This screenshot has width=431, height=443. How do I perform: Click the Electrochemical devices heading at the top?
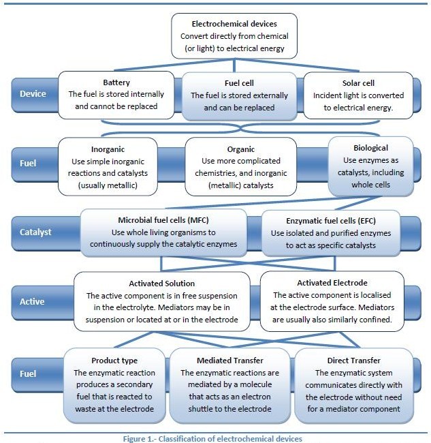click(234, 23)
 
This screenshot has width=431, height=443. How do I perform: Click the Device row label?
click(32, 93)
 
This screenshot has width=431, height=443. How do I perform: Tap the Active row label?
click(31, 301)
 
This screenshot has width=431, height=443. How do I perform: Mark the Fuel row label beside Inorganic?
click(28, 164)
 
